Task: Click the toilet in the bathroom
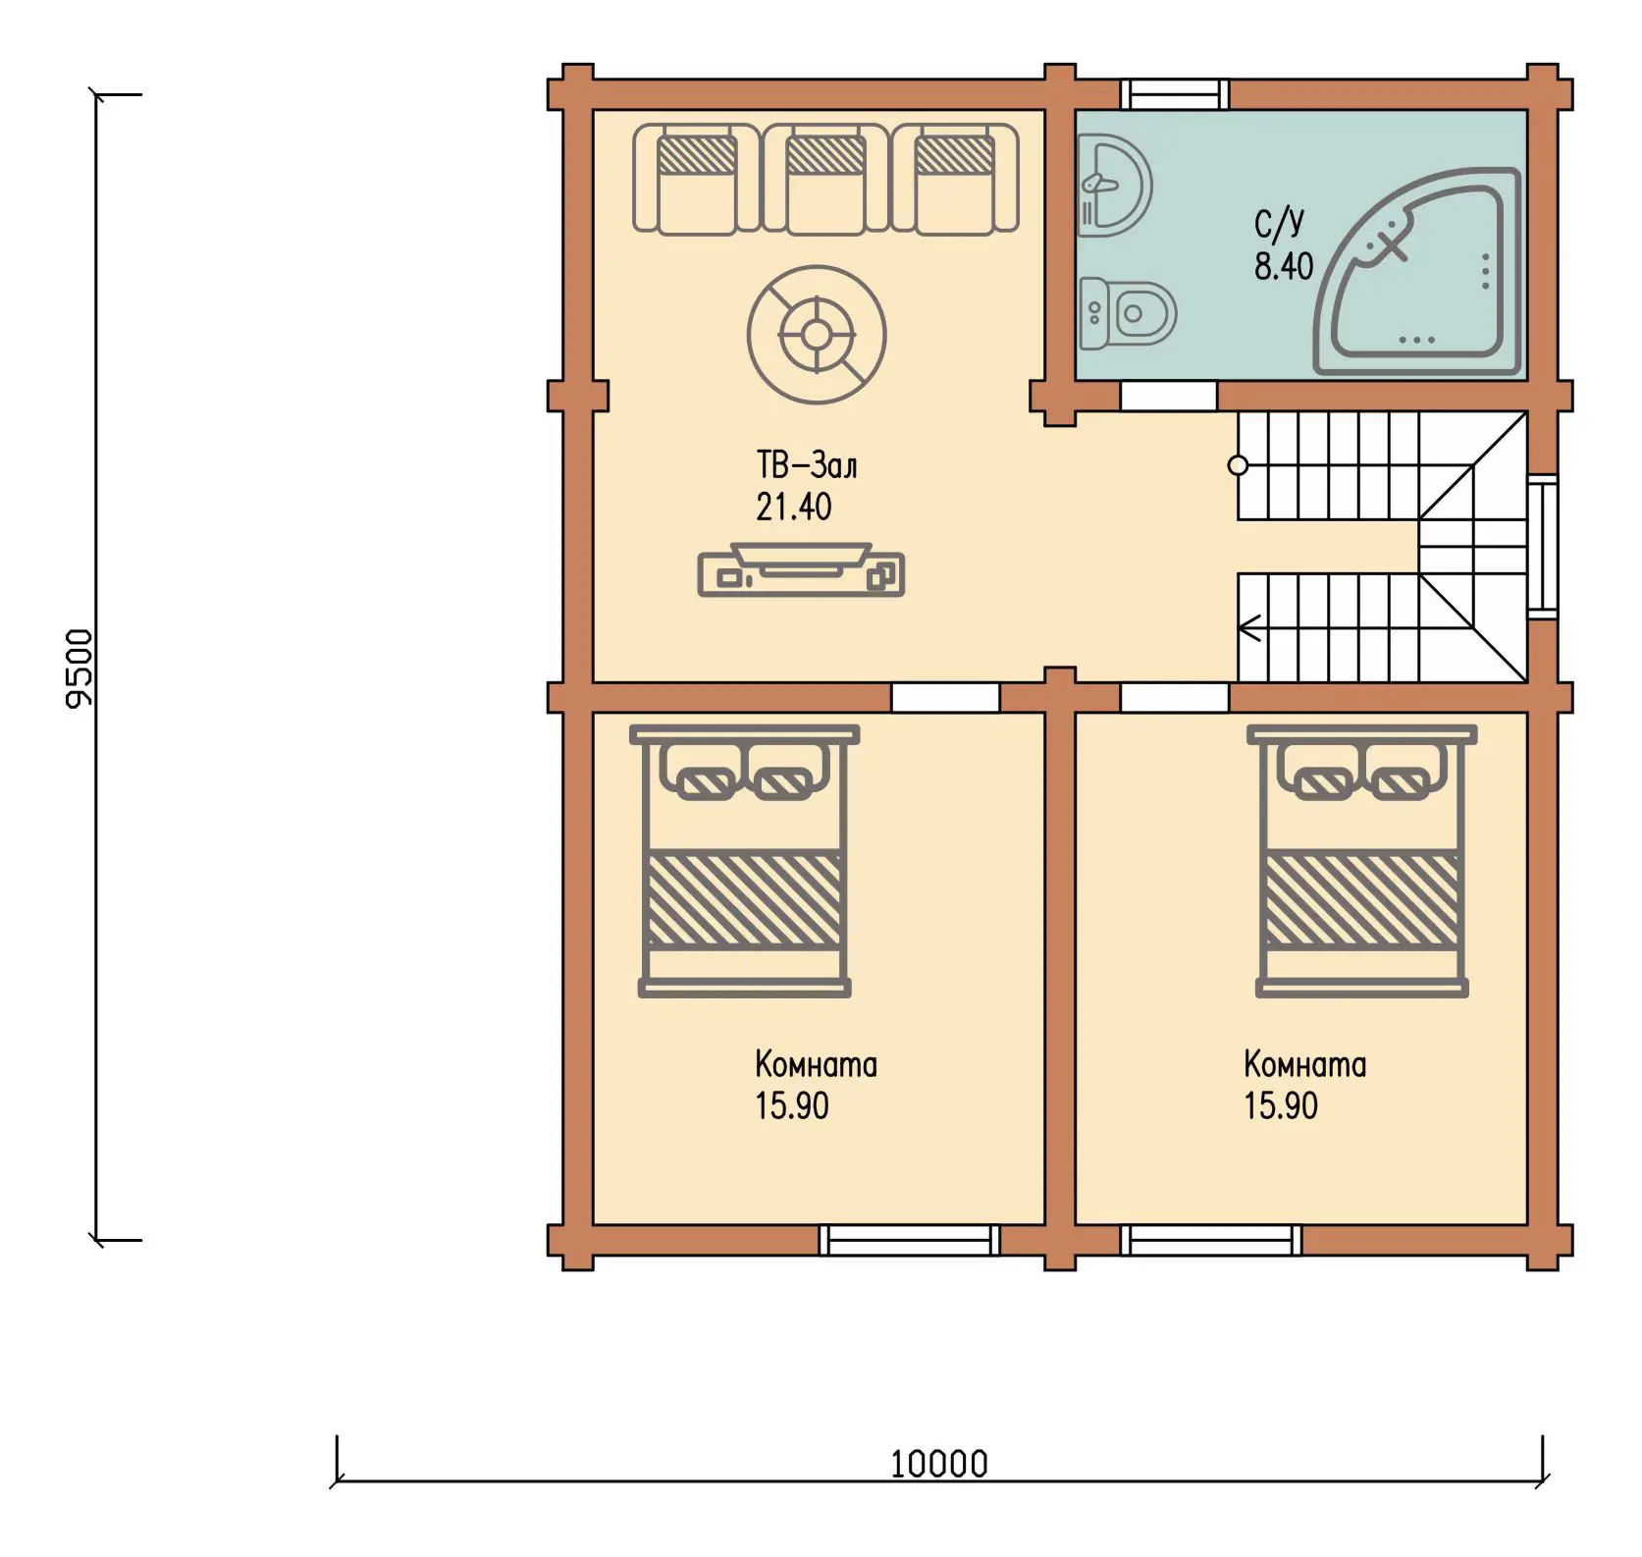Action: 1127,313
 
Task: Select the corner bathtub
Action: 1417,272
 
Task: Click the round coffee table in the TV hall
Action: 817,335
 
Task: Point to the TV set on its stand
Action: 801,570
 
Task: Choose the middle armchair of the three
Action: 826,180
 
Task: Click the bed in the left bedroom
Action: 745,861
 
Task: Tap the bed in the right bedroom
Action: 1362,861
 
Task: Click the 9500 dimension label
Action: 79,669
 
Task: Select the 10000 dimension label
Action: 939,1464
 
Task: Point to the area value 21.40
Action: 793,507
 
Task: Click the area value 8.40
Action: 1284,266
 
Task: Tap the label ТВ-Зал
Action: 807,464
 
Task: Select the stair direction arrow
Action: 1249,627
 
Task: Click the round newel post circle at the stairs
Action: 1239,465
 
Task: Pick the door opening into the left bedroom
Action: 945,697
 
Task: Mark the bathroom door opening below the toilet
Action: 1169,397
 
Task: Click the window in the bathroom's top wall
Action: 1175,94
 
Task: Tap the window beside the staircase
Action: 1543,546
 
